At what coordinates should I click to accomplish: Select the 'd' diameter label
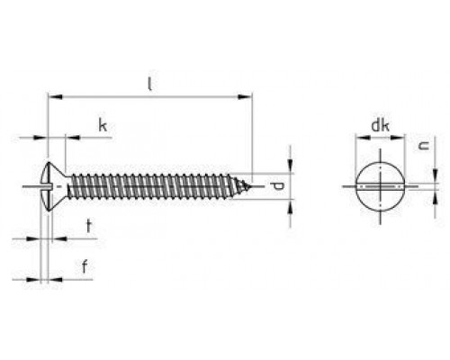tap(278, 186)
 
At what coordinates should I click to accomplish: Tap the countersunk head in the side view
tap(54, 186)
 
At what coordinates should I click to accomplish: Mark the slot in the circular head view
tap(379, 186)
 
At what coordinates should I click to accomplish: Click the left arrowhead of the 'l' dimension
tap(49, 94)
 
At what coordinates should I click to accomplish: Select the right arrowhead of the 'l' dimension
tap(249, 94)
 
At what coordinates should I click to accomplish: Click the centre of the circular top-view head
tap(379, 186)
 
